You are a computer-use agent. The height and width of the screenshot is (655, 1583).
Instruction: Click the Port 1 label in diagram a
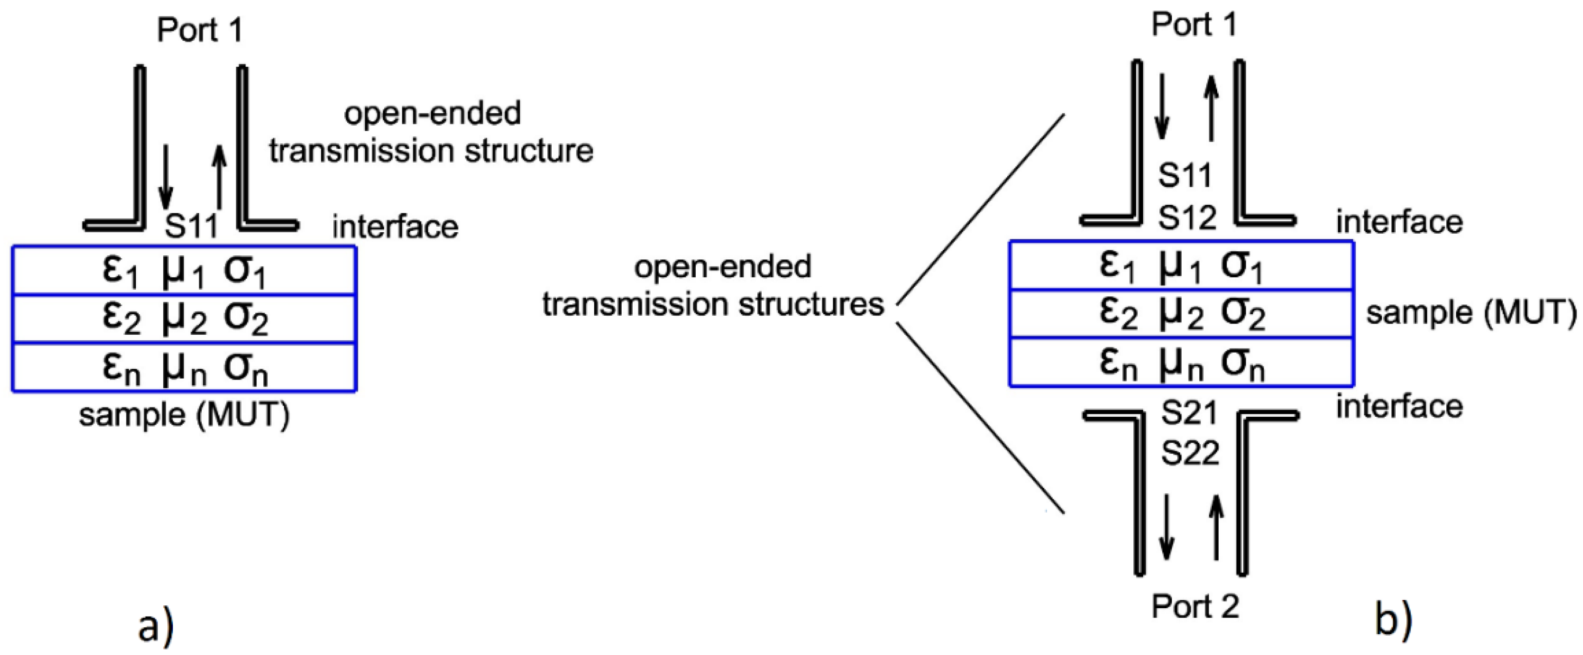[200, 30]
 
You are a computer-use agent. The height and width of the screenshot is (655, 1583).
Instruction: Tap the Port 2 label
[1195, 606]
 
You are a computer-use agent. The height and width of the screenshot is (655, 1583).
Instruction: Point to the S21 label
[1189, 413]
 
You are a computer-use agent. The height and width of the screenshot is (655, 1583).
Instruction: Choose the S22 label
[1190, 453]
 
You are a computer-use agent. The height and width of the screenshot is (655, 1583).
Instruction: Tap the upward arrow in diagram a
[219, 178]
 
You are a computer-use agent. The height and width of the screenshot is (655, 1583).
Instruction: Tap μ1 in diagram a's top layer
[183, 272]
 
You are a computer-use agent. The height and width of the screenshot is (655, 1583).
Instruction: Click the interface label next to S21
[1399, 407]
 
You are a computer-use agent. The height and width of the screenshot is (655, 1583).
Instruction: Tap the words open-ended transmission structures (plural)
[713, 286]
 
